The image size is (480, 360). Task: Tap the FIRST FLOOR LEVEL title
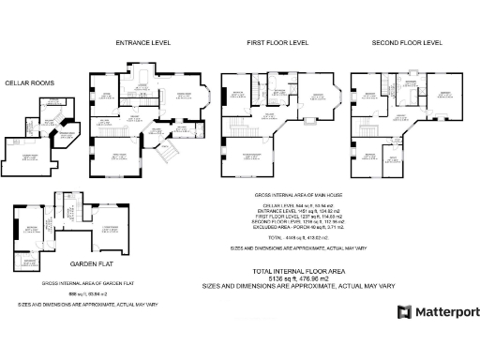tap(277, 43)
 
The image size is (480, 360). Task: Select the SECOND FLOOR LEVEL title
tap(407, 43)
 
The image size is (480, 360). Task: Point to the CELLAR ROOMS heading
tap(30, 83)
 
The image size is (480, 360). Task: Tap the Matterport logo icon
tap(404, 312)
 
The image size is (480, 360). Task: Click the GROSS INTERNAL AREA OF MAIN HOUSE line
tap(295, 195)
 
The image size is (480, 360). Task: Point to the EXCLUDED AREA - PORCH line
tap(295, 228)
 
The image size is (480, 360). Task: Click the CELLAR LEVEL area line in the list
tap(295, 205)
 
